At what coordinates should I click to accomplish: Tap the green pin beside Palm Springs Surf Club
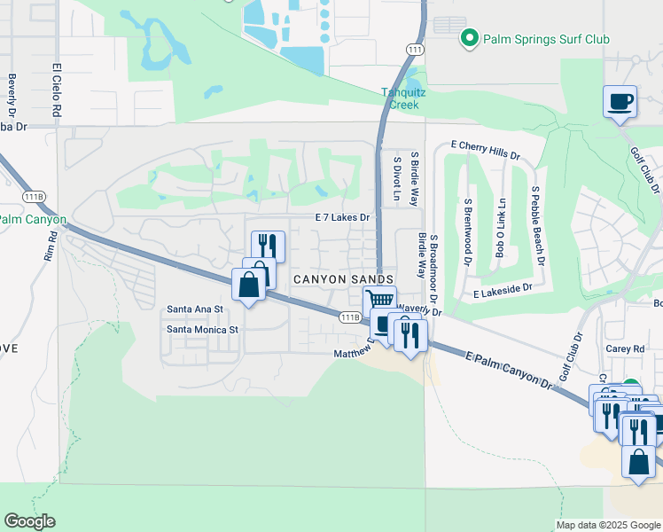469,39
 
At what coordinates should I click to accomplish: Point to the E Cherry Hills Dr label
485,149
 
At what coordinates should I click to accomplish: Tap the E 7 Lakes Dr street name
341,217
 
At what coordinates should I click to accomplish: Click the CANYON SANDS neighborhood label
342,279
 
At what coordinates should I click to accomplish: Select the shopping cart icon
379,301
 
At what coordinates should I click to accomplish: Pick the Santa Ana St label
194,309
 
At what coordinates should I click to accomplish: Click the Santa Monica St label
204,330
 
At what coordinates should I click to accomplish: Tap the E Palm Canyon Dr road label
509,368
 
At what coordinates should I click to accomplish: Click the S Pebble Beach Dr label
535,226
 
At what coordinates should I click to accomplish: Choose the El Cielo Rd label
56,90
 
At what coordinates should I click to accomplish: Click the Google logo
29,521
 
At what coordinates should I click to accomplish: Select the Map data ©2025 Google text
607,525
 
